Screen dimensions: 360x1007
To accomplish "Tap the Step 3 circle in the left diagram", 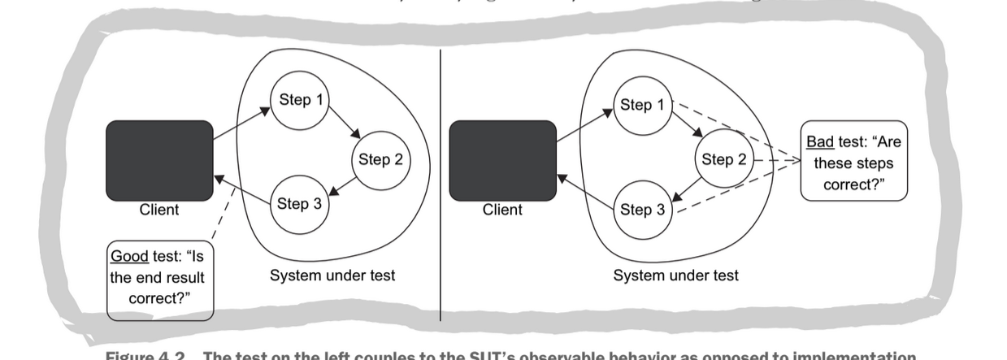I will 299,204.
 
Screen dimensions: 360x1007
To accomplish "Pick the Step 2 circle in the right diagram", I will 724,160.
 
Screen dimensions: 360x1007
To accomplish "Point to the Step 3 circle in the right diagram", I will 642,210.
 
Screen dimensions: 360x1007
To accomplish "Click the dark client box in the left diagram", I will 159,160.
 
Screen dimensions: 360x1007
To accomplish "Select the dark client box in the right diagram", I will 502,160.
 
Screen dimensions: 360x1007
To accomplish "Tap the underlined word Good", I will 129,256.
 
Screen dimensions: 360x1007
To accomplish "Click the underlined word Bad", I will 820,142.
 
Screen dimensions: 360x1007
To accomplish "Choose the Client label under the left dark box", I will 159,210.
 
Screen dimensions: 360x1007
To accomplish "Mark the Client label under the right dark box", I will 502,210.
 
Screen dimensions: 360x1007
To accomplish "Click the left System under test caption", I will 332,275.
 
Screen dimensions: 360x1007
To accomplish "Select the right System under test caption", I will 675,275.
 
